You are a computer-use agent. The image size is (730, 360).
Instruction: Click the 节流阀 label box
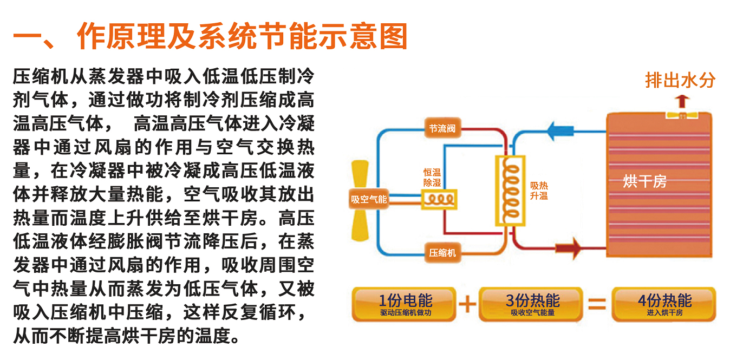click(442, 129)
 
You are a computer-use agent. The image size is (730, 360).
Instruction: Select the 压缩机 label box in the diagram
click(442, 252)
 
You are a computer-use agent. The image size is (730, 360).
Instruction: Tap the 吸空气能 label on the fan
click(369, 199)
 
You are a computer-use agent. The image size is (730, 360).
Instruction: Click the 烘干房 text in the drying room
click(644, 181)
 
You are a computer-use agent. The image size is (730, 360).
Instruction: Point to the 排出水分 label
click(680, 80)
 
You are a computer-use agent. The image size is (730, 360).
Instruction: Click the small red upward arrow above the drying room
click(682, 101)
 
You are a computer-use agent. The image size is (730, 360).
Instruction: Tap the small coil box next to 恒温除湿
click(439, 199)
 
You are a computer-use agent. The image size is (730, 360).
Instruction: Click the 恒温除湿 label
click(432, 178)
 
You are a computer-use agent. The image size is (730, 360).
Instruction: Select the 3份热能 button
click(532, 304)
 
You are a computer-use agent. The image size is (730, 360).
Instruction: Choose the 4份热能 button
click(664, 304)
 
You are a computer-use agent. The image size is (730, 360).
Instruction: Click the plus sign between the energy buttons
click(467, 304)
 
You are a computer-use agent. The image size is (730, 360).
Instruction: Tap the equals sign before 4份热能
click(597, 304)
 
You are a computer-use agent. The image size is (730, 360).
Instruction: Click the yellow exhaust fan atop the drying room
click(681, 115)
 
